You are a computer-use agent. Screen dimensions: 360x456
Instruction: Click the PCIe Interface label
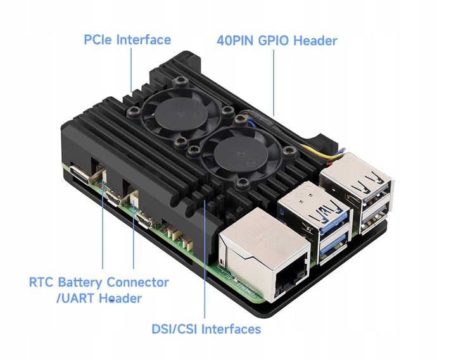[x=127, y=40]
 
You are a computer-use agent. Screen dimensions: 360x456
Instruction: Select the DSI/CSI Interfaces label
[x=206, y=329]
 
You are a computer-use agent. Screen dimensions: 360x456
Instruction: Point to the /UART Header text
[x=99, y=298]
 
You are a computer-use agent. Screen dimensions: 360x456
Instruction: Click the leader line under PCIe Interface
[x=132, y=70]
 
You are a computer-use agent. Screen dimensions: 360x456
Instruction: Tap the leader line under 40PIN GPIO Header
[x=274, y=82]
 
